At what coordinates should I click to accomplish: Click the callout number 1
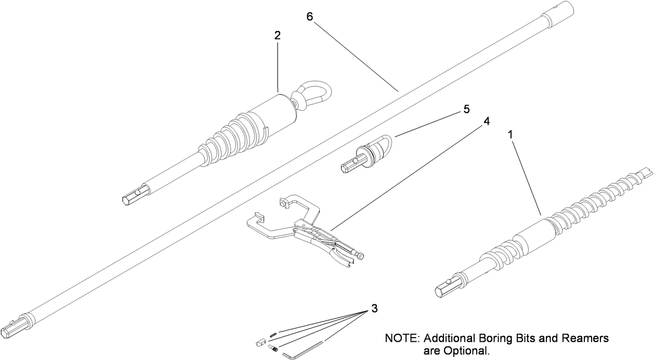(511, 134)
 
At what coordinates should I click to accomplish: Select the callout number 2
(278, 35)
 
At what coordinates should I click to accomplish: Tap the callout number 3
(374, 308)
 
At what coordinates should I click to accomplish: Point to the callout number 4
(487, 121)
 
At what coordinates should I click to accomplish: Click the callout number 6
(310, 16)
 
